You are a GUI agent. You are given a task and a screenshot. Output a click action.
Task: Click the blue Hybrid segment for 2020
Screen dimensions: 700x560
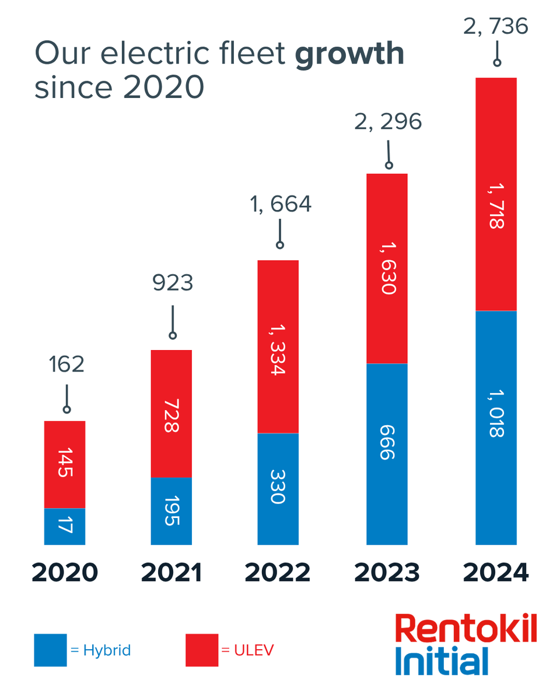[65, 526]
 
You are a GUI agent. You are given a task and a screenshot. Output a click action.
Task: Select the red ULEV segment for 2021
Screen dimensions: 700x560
[171, 414]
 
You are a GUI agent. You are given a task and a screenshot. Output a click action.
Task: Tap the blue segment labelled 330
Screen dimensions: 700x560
[278, 489]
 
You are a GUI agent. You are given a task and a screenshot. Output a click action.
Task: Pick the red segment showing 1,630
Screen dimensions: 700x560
[387, 268]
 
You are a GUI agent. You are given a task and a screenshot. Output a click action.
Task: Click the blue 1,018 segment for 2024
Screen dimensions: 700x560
[496, 428]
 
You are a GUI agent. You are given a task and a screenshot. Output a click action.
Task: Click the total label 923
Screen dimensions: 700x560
[173, 283]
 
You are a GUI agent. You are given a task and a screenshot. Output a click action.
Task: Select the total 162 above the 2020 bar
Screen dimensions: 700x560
[66, 365]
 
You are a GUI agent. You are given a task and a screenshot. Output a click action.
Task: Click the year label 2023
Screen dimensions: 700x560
[387, 573]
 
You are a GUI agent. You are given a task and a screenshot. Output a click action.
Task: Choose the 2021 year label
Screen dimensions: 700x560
[171, 573]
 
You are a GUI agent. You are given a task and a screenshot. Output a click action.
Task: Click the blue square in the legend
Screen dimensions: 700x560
[50, 650]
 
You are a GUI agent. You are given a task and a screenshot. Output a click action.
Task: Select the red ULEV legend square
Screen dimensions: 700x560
[202, 650]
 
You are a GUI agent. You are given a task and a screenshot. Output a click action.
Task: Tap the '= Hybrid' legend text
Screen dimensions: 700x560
[100, 650]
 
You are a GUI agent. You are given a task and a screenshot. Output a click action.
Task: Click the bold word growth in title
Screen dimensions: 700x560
[349, 54]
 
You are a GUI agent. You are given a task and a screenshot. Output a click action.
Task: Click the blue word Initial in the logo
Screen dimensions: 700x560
[441, 661]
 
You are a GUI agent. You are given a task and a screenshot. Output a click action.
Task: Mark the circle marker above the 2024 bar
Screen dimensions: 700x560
[497, 61]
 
